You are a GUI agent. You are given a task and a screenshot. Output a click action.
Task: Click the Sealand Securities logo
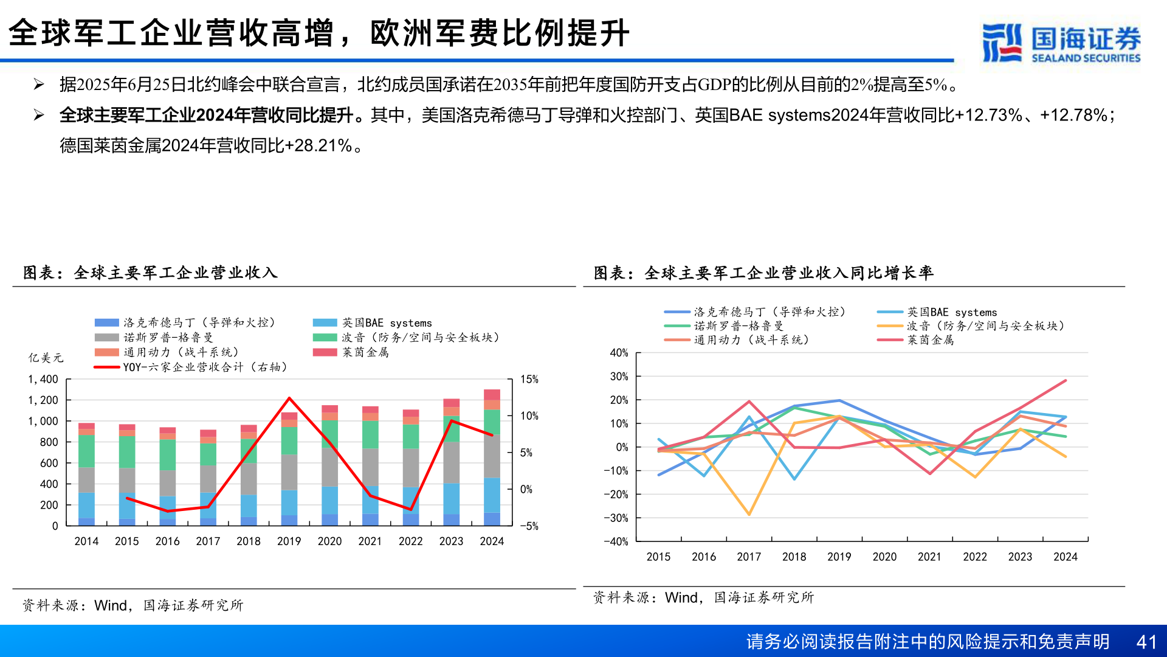click(1061, 43)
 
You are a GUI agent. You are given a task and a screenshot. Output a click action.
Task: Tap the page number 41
click(1146, 642)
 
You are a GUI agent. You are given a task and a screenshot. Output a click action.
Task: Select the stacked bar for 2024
click(492, 457)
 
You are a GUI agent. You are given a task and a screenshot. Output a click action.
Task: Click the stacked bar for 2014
click(86, 474)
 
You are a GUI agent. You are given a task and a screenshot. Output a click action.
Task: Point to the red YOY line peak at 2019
click(289, 398)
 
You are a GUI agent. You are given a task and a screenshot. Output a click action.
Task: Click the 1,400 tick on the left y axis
click(43, 379)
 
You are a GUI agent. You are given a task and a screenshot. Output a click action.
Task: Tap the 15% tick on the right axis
click(529, 379)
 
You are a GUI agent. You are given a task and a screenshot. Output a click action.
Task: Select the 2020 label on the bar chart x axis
click(329, 541)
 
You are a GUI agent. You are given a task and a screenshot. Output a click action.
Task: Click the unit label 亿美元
click(46, 358)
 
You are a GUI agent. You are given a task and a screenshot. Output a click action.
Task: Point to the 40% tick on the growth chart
click(619, 353)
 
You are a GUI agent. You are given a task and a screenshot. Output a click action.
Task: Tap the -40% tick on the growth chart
click(616, 541)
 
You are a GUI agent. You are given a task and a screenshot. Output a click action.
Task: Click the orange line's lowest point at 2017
click(749, 515)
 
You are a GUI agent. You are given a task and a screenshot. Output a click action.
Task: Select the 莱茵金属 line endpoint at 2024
click(1065, 381)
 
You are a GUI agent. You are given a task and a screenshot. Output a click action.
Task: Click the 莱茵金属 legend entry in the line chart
click(930, 340)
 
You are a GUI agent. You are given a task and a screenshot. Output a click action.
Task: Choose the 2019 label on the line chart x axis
click(839, 557)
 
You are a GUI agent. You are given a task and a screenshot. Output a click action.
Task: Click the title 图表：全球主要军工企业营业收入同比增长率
click(763, 273)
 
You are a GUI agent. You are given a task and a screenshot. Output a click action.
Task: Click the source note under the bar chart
click(133, 605)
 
